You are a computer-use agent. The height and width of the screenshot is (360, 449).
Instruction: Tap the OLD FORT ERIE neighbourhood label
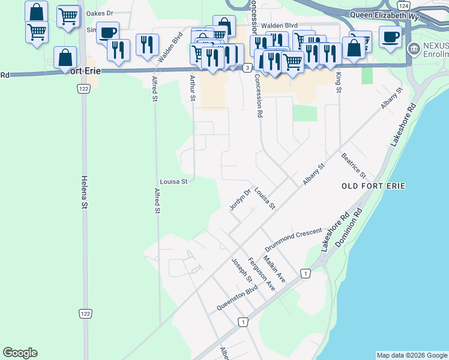tap(373, 186)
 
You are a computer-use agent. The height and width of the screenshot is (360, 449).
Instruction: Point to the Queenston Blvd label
tap(237, 297)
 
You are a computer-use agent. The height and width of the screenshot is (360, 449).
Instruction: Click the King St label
tap(339, 82)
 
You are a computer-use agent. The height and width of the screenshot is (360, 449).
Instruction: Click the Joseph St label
tap(242, 271)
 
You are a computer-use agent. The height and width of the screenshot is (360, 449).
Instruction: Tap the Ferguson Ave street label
tap(261, 275)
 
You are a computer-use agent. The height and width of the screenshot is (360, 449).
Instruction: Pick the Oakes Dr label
tap(100, 13)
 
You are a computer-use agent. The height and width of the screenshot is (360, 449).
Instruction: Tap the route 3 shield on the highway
tap(247, 68)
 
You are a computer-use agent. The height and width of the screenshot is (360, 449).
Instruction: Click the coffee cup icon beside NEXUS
tap(390, 37)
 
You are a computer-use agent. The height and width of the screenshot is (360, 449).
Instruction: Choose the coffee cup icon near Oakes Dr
tap(108, 32)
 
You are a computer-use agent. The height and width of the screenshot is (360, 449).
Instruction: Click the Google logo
tap(20, 353)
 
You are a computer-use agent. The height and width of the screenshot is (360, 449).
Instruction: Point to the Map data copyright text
tap(411, 355)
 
